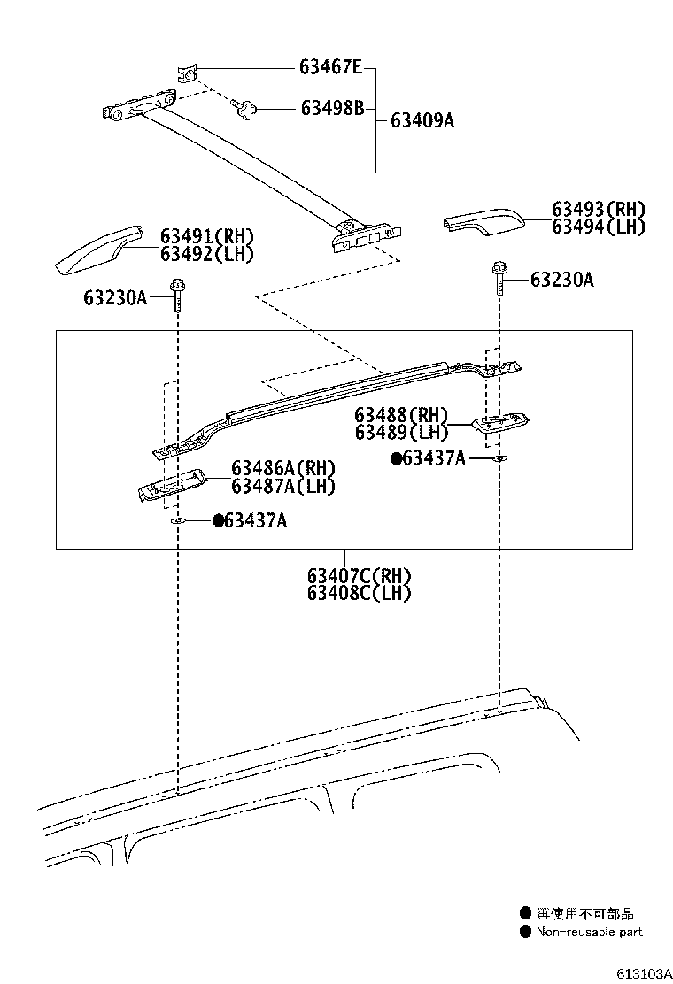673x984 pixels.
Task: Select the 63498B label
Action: pyautogui.click(x=332, y=108)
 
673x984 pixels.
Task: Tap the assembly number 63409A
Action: pyautogui.click(x=422, y=121)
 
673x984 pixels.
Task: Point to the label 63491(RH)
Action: pyautogui.click(x=206, y=236)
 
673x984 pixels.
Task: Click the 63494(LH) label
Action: pyautogui.click(x=598, y=227)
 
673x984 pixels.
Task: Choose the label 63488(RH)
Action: pyautogui.click(x=401, y=415)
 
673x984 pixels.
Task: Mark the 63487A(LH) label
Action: pyautogui.click(x=283, y=486)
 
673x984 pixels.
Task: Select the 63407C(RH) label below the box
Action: pyautogui.click(x=359, y=576)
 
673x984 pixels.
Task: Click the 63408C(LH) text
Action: pyautogui.click(x=359, y=593)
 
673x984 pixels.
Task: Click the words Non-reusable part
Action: pyautogui.click(x=589, y=932)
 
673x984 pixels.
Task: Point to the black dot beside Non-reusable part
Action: pyautogui.click(x=525, y=932)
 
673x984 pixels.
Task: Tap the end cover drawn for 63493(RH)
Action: pyautogui.click(x=483, y=222)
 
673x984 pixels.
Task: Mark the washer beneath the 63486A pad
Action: pyautogui.click(x=177, y=522)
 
